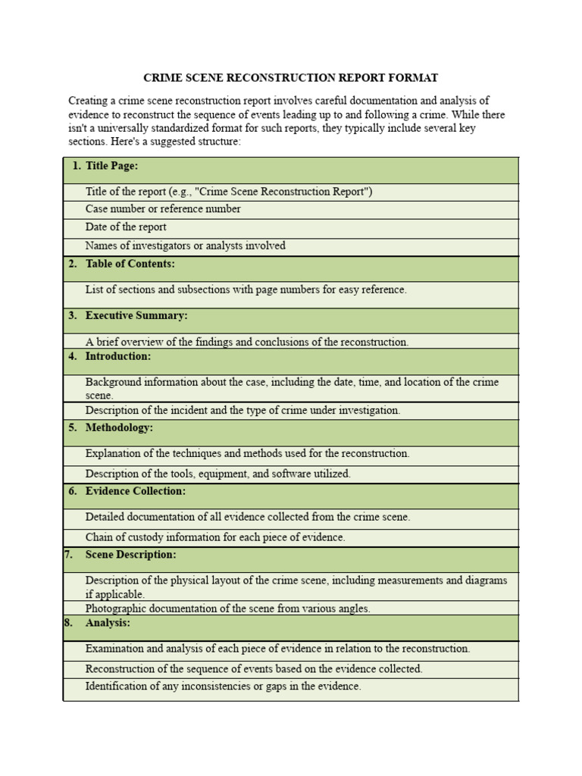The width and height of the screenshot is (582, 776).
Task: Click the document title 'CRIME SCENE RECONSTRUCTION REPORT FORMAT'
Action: [x=291, y=78]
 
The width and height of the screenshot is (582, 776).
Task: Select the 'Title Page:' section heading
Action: [x=111, y=165]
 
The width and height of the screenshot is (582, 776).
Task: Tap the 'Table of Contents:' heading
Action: [x=130, y=264]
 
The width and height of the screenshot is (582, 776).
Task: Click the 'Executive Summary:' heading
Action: [x=136, y=315]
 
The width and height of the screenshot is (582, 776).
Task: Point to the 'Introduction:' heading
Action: [x=118, y=356]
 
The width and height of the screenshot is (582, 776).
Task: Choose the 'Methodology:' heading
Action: [x=119, y=427]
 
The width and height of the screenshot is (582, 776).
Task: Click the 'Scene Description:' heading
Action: [x=130, y=555]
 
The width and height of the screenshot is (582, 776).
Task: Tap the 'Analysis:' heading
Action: [x=108, y=623]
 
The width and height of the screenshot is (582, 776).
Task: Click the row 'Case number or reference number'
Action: [x=163, y=209]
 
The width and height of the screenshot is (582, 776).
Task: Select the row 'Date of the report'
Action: [x=126, y=227]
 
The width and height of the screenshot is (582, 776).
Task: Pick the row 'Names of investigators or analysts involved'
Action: [x=186, y=246]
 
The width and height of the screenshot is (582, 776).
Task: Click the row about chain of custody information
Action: [x=215, y=537]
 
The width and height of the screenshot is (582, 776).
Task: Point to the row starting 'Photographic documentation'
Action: [x=228, y=609]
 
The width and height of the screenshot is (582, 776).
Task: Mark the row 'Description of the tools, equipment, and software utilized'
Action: [x=218, y=474]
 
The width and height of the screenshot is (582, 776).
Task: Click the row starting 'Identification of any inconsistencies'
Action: [x=224, y=687]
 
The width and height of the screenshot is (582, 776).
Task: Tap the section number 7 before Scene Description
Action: [x=68, y=555]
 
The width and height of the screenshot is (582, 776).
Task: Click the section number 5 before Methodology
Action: [x=72, y=427]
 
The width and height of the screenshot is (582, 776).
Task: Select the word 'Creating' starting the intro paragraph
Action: [x=89, y=101]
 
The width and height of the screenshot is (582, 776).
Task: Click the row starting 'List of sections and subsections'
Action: [x=246, y=289]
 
